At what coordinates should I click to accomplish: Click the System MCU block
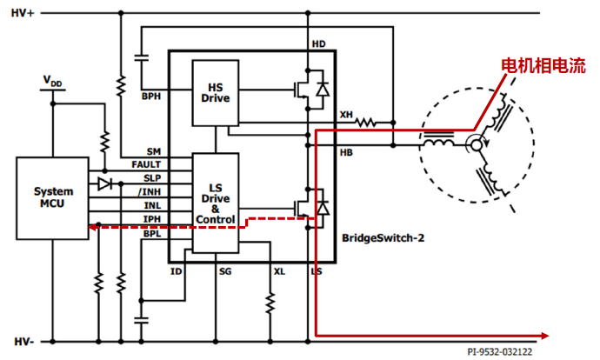click(52, 198)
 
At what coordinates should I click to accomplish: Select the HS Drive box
click(216, 93)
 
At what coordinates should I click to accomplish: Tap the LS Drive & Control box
click(216, 203)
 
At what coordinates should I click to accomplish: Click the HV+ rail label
click(23, 13)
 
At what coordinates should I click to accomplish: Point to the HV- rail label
click(24, 342)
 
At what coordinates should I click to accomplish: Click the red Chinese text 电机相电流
click(543, 66)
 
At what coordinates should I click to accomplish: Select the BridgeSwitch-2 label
click(383, 238)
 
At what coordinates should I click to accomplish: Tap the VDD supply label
click(52, 81)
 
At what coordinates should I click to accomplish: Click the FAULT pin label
click(146, 164)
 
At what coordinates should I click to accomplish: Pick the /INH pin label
click(150, 191)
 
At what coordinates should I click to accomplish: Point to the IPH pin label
click(152, 219)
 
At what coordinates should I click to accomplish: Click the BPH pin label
click(151, 96)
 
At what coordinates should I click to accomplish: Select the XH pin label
click(346, 115)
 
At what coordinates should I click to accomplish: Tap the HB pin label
click(346, 153)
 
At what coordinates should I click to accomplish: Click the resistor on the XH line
click(366, 123)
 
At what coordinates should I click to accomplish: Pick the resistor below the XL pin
click(270, 303)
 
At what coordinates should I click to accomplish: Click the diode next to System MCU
click(104, 184)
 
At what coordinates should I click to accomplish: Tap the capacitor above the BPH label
click(141, 58)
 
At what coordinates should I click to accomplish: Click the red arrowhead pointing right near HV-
click(545, 336)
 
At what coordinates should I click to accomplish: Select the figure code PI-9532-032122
click(499, 351)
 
